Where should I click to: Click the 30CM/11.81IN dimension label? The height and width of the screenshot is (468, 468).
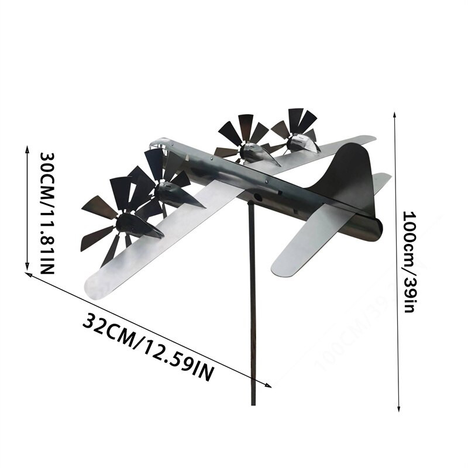point(46,213)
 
